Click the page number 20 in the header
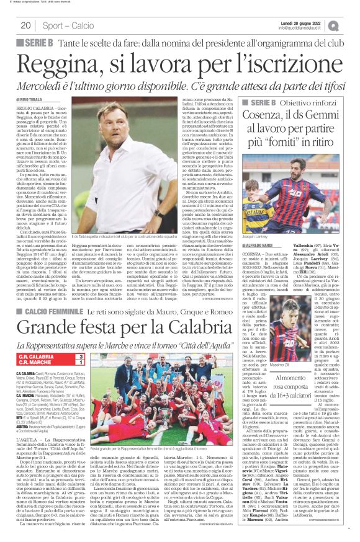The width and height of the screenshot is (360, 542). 25,25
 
